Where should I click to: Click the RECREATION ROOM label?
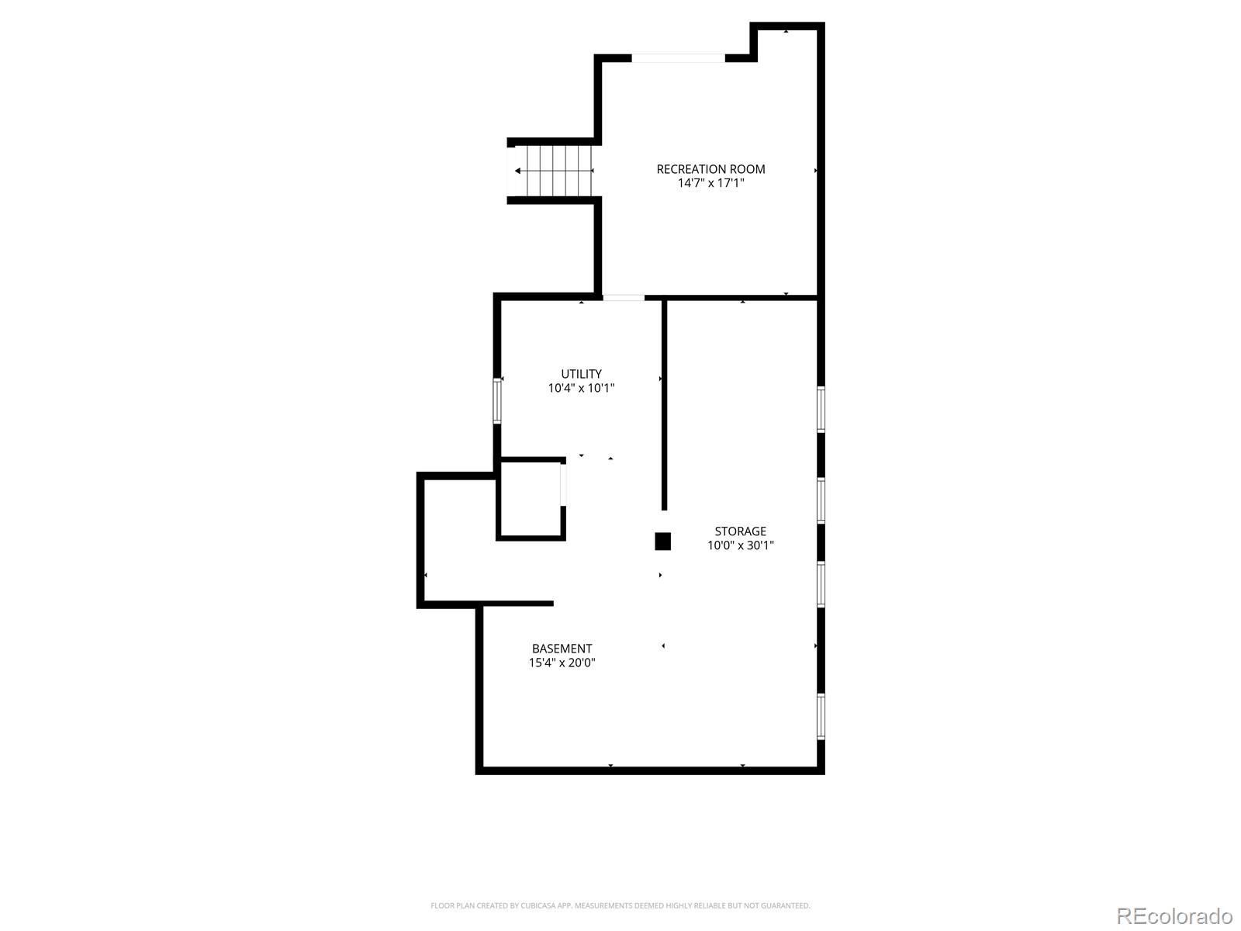pyautogui.click(x=710, y=169)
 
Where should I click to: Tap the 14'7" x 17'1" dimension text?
pyautogui.click(x=710, y=182)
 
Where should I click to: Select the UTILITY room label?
pyautogui.click(x=581, y=374)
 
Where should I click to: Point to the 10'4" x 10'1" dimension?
pyautogui.click(x=581, y=388)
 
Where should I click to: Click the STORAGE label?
pyautogui.click(x=740, y=531)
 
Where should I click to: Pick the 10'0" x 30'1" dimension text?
pyautogui.click(x=740, y=545)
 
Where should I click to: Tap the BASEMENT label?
pyautogui.click(x=562, y=649)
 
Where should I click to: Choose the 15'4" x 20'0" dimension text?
pyautogui.click(x=562, y=663)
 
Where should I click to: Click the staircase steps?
pyautogui.click(x=559, y=171)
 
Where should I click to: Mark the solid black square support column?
pyautogui.click(x=662, y=541)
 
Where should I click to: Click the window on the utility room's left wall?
pyautogui.click(x=497, y=401)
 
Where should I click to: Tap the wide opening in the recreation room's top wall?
pyautogui.click(x=678, y=57)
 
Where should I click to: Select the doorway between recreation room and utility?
pyautogui.click(x=623, y=297)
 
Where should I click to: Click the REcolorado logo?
pyautogui.click(x=1175, y=915)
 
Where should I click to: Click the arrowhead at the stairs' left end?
pyautogui.click(x=517, y=171)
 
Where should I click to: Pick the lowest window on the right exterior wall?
pyautogui.click(x=821, y=716)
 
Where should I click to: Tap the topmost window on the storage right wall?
pyautogui.click(x=821, y=410)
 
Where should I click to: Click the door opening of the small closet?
pyautogui.click(x=563, y=484)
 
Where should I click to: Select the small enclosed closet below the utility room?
pyautogui.click(x=531, y=499)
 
